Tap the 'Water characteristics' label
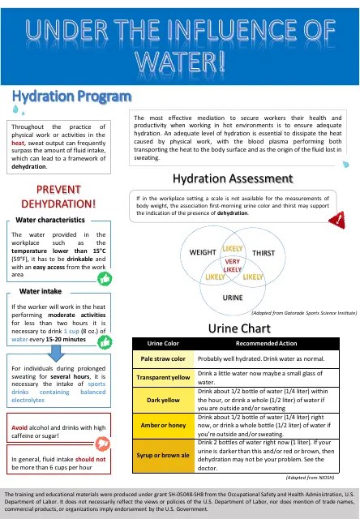click(50, 220)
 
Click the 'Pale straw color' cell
click(164, 358)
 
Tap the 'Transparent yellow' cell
click(164, 377)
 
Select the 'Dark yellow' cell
click(164, 400)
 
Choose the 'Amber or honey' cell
click(164, 425)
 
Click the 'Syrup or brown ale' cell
click(164, 454)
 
